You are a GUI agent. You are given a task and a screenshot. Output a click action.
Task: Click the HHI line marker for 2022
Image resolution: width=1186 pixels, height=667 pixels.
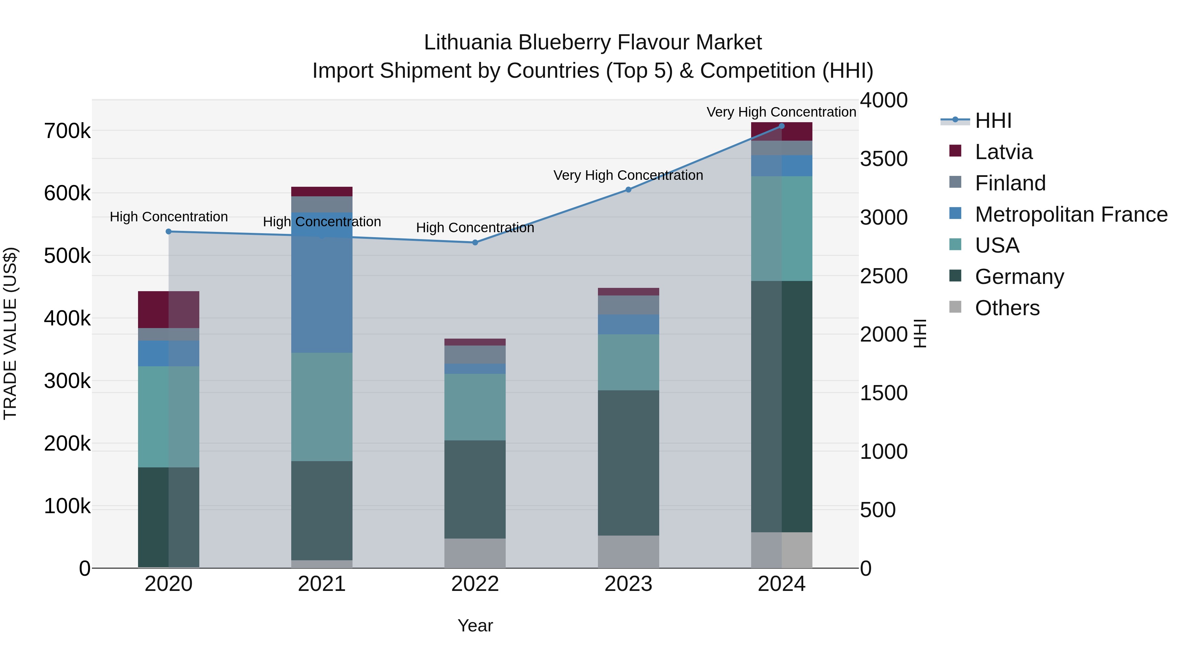475,242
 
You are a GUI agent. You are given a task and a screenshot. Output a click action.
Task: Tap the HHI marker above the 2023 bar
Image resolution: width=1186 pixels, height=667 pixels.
629,190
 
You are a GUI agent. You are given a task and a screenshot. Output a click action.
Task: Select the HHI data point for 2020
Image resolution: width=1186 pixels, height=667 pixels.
168,232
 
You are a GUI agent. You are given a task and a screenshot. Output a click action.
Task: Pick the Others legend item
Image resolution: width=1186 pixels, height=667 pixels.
1007,308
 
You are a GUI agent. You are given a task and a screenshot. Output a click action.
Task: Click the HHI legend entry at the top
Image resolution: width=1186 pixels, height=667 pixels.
993,121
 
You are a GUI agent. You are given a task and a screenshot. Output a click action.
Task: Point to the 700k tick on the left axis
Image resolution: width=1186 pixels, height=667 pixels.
67,131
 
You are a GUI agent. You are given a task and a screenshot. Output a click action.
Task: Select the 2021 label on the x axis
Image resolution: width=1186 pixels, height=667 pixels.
322,584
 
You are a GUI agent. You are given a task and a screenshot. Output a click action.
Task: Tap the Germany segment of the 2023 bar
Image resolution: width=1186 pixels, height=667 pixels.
629,463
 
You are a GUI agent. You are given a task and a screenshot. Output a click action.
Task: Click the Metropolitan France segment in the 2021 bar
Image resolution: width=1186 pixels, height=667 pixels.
322,294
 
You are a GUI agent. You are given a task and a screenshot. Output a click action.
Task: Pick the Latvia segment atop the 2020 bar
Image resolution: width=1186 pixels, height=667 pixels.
168,309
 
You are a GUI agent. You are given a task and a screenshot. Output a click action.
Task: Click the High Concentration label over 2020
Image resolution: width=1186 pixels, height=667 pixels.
168,217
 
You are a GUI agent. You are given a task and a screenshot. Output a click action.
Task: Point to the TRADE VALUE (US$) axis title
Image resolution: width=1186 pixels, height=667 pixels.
10,333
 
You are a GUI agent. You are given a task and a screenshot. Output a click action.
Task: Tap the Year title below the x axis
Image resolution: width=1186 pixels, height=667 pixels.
475,625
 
